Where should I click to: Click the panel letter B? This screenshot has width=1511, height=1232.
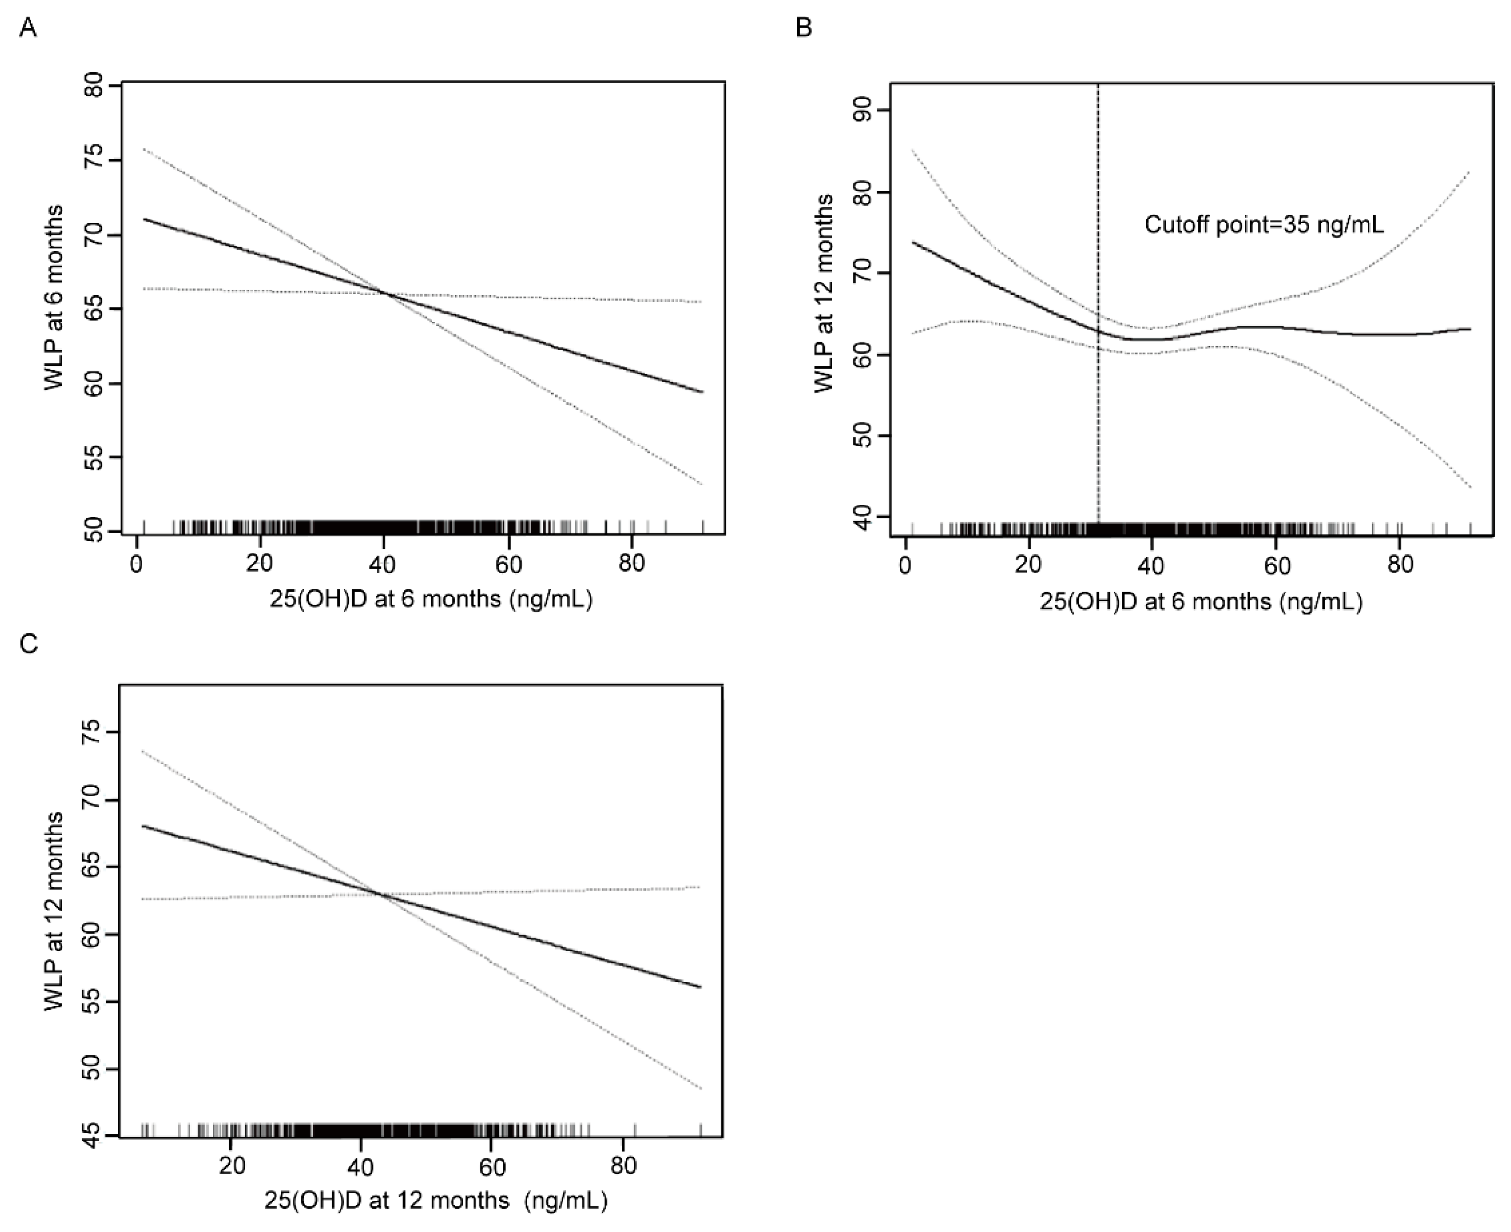tap(803, 29)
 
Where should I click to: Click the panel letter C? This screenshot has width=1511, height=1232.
tap(29, 644)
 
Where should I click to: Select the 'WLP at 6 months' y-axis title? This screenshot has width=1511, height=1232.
tap(54, 297)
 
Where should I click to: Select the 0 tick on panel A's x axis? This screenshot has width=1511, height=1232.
tap(136, 564)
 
